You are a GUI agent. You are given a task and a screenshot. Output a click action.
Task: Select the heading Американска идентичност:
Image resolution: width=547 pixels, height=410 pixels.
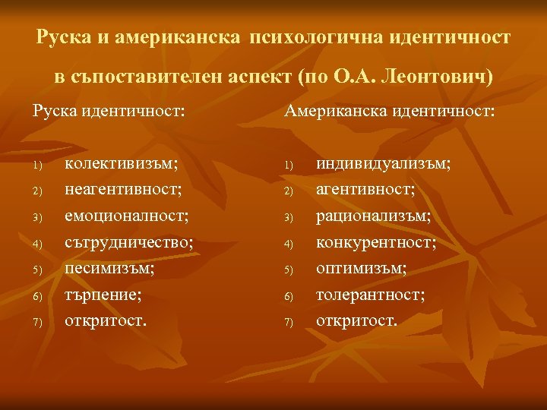click(x=390, y=112)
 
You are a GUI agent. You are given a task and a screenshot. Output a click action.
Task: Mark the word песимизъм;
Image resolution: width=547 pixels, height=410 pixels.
click(x=109, y=268)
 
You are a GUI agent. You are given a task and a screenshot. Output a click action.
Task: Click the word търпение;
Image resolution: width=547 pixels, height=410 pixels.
click(x=103, y=295)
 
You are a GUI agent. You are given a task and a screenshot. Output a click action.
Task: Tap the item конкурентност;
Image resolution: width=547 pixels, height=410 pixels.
click(x=376, y=242)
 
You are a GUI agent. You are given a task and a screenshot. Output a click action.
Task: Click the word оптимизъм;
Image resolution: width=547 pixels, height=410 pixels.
click(x=362, y=268)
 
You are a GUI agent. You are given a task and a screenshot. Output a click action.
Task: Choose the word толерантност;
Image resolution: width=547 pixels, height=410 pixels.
click(x=371, y=295)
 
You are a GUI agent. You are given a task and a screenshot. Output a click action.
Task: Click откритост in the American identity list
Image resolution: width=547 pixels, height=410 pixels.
click(x=356, y=320)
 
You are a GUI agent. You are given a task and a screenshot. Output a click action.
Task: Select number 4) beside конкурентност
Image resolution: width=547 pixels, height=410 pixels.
click(x=288, y=244)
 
